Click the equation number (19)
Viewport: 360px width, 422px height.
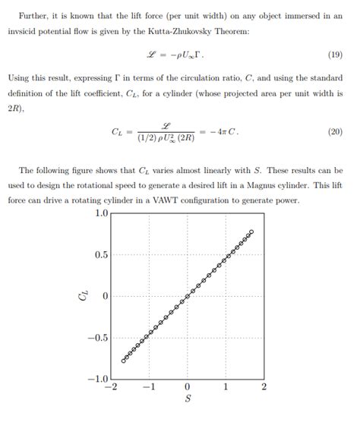(335, 55)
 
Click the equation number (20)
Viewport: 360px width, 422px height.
(335, 131)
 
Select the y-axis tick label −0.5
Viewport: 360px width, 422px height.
(99, 338)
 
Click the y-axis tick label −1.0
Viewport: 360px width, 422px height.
(99, 379)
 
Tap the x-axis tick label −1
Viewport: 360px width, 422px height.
(148, 387)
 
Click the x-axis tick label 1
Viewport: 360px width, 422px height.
(226, 387)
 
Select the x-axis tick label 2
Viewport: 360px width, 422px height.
(264, 387)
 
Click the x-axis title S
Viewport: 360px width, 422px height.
(187, 400)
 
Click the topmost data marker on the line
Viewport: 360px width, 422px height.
(251, 231)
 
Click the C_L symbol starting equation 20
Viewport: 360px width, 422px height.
(117, 131)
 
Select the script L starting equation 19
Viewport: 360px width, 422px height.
(152, 55)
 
